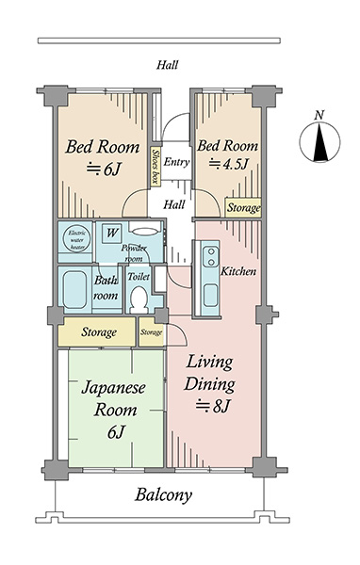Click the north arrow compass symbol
319,141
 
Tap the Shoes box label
155,167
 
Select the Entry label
176,162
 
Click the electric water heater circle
77,239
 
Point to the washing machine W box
112,234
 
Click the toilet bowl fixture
139,298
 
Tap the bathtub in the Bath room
74,290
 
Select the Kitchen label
238,271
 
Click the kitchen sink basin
210,295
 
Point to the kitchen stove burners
211,256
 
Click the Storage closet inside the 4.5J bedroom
243,207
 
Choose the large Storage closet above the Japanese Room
97,331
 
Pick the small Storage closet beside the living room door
151,331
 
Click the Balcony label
163,495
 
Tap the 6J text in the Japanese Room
116,431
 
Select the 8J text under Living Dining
213,406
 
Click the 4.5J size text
229,164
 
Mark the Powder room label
134,253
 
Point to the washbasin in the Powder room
144,232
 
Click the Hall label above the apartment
168,65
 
